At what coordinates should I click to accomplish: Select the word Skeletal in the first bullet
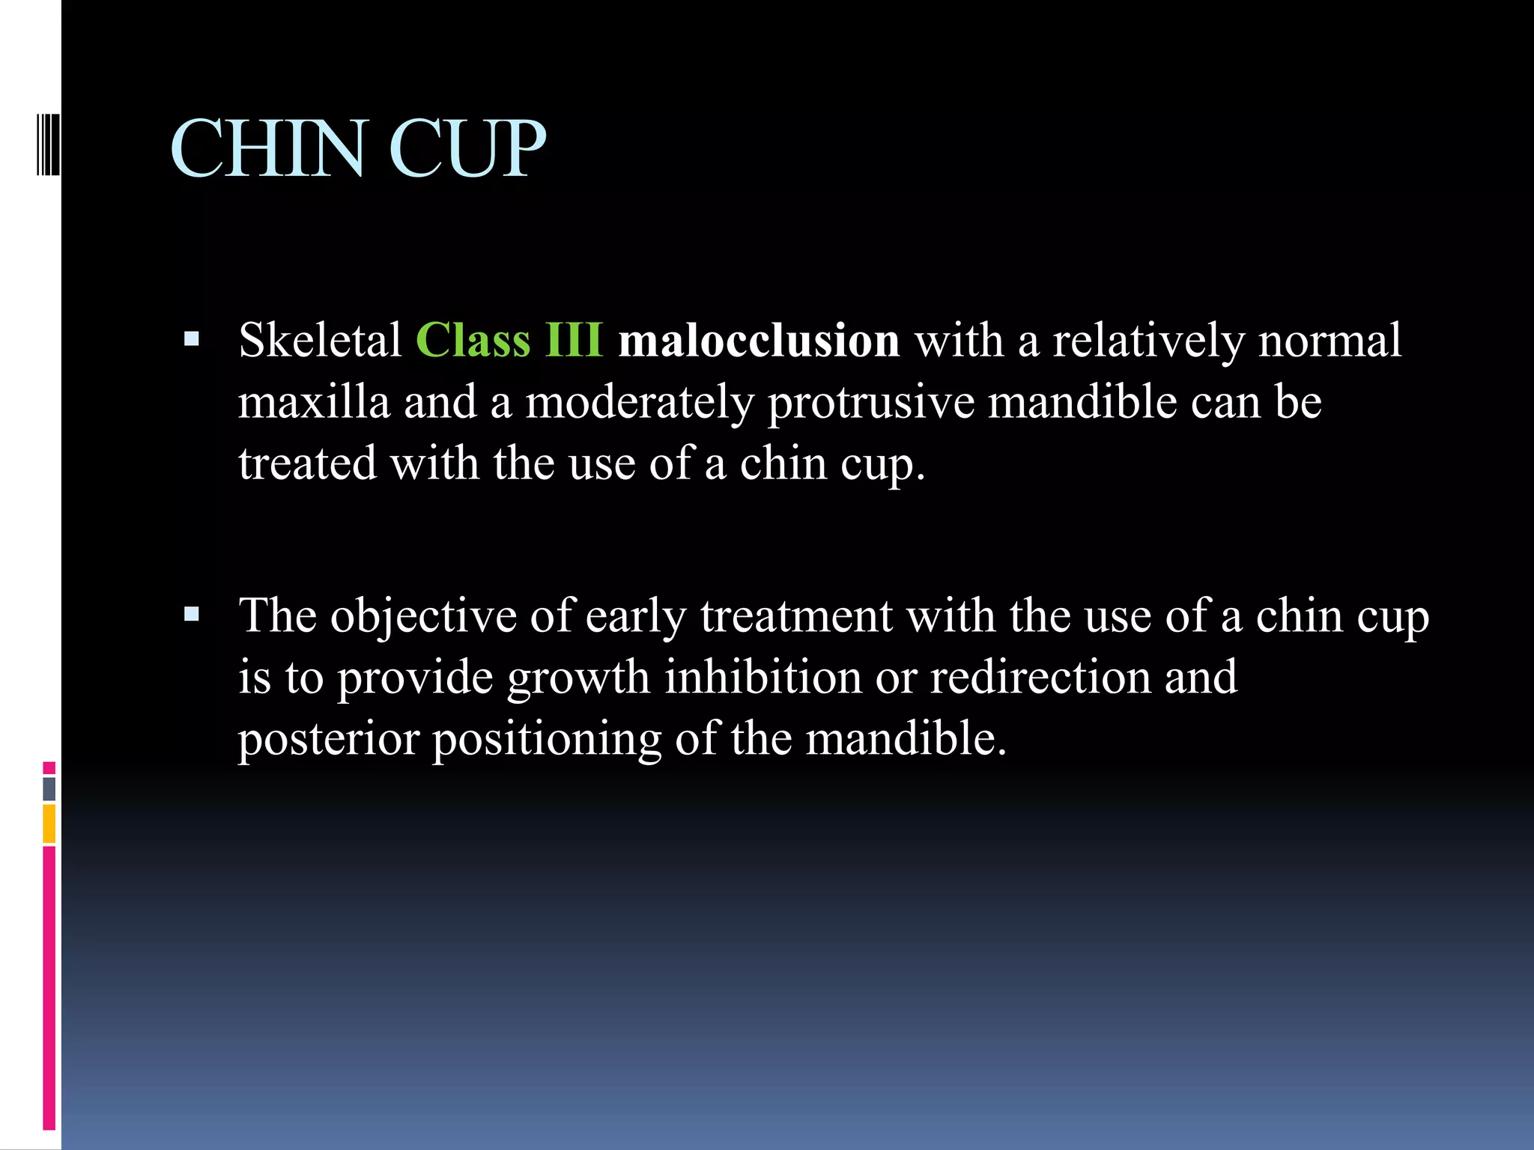(321, 341)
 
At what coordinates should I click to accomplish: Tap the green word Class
(473, 341)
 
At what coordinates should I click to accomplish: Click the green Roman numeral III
(574, 341)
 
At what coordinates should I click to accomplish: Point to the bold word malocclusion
(759, 341)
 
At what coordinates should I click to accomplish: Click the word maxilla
(315, 402)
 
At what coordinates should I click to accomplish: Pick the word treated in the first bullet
(307, 463)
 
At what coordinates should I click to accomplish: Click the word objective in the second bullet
(424, 617)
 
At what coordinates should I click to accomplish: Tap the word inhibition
(763, 678)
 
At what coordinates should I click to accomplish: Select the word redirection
(1040, 678)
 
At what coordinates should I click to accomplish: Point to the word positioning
(547, 740)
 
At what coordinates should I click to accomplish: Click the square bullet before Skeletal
(192, 339)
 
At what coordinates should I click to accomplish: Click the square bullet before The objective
(192, 615)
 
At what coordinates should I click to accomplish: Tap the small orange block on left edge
(49, 824)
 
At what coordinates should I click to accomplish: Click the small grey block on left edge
(49, 789)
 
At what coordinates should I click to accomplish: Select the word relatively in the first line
(1149, 341)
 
